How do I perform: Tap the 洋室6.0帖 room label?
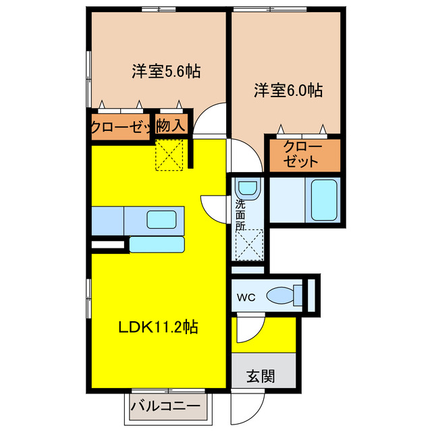click(x=288, y=90)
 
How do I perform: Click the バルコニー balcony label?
click(x=165, y=406)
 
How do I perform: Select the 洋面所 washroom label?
click(x=240, y=215)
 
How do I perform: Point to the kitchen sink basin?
click(x=162, y=219)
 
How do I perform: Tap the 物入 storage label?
click(x=170, y=126)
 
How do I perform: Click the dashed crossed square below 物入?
click(x=170, y=155)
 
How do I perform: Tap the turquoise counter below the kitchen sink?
click(x=157, y=244)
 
